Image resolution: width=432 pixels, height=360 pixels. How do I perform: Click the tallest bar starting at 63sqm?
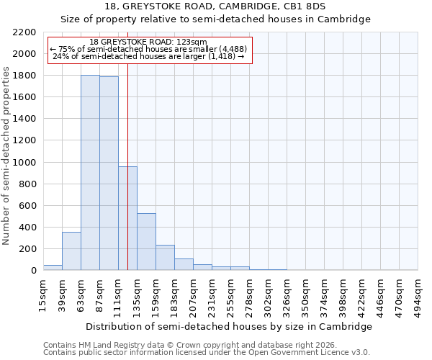(x=90, y=173)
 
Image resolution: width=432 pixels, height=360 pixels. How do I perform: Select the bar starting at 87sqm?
(x=109, y=174)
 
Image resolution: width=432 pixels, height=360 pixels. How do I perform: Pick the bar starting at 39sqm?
(x=71, y=251)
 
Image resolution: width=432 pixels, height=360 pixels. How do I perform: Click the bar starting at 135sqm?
(x=146, y=242)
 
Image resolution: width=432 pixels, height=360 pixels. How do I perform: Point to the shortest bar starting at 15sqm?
(x=53, y=267)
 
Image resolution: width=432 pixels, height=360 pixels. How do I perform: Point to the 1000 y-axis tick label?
(x=25, y=163)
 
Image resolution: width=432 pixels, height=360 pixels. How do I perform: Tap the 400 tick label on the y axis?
(x=28, y=228)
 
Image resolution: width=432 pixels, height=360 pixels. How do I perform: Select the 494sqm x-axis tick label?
(x=418, y=294)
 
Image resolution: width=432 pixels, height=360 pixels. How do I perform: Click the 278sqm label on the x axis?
(x=249, y=294)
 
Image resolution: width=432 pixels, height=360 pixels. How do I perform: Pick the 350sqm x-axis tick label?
(x=305, y=294)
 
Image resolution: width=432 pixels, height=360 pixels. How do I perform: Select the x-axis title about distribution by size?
(x=229, y=326)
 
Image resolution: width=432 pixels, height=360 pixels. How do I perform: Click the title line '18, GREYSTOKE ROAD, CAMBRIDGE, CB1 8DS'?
(x=215, y=6)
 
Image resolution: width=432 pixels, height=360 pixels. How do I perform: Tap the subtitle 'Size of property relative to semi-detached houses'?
(x=215, y=19)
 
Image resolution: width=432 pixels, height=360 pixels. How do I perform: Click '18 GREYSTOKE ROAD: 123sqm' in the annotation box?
(x=150, y=42)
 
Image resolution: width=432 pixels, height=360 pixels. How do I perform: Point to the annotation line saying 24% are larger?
(x=150, y=56)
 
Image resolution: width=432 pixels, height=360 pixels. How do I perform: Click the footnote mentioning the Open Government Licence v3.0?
(x=207, y=353)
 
